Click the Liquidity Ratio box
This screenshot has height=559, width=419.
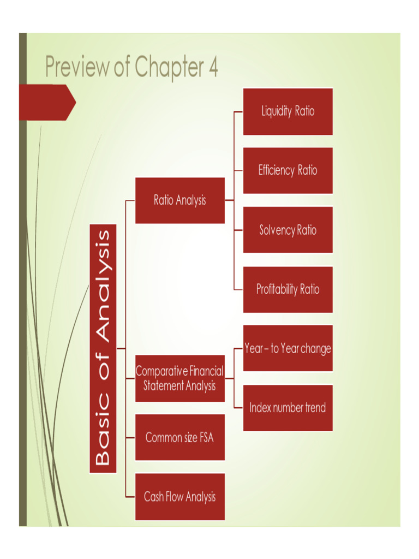click(288, 111)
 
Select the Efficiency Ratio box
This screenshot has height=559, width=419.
click(288, 170)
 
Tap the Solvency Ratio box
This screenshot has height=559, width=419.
click(288, 230)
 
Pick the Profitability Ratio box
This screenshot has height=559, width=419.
click(288, 289)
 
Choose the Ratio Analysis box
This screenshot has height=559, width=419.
click(179, 200)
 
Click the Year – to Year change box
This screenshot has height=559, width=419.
click(288, 348)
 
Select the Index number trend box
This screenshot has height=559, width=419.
click(288, 408)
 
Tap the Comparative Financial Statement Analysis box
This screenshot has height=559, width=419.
click(179, 378)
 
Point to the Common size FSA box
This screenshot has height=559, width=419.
click(179, 437)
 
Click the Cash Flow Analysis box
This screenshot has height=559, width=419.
click(179, 497)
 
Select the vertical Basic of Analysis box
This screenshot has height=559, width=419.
click(103, 348)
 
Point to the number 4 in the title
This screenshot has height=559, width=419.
click(212, 68)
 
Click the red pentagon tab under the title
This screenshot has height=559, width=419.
click(47, 102)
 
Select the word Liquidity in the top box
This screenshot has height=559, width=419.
click(277, 112)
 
